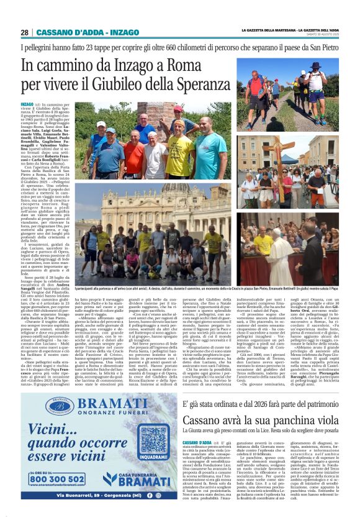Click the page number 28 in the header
coord(25,32)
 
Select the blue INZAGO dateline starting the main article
coord(27,104)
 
